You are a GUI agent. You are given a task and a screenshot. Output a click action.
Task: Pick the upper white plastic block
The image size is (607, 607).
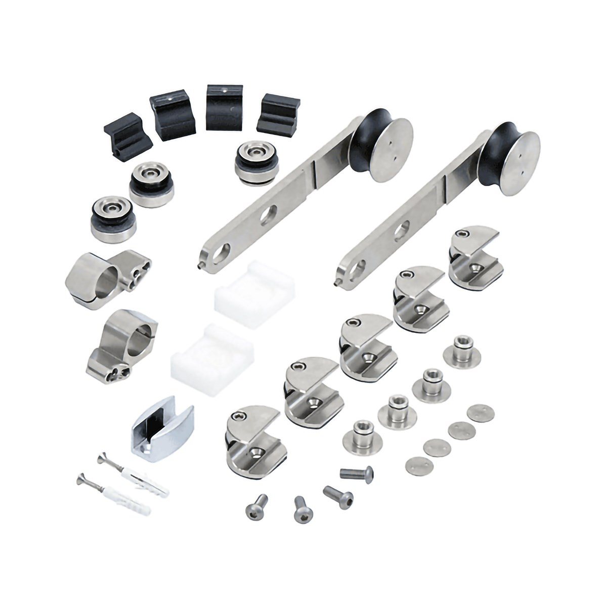pyautogui.click(x=254, y=297)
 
